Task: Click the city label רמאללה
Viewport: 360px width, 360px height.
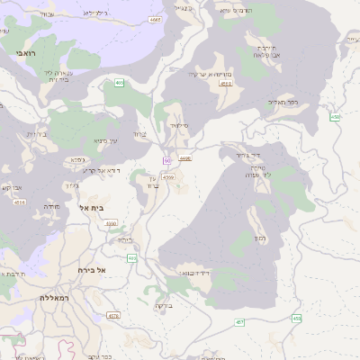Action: tap(55, 297)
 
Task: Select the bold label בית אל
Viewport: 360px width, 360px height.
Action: tap(95, 208)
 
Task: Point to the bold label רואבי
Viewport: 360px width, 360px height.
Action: tap(23, 55)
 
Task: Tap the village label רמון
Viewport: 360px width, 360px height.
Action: tap(259, 238)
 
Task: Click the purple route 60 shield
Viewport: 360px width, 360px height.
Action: tap(167, 160)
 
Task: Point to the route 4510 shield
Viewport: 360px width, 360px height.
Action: tap(226, 84)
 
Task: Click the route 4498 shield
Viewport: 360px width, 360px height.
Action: tap(185, 158)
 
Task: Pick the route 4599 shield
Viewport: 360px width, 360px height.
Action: tap(168, 178)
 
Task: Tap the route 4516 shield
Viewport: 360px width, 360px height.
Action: tap(20, 202)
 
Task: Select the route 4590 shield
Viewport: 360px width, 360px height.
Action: tap(111, 224)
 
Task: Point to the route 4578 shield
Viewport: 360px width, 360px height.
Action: tap(113, 316)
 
